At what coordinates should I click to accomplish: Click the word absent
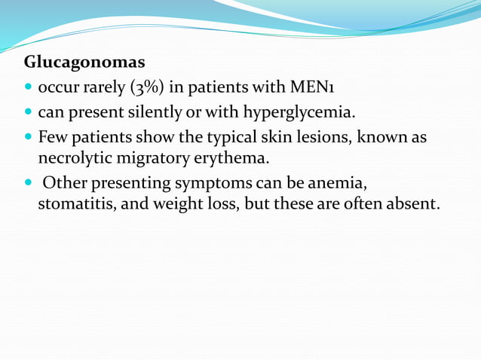[x=412, y=204]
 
